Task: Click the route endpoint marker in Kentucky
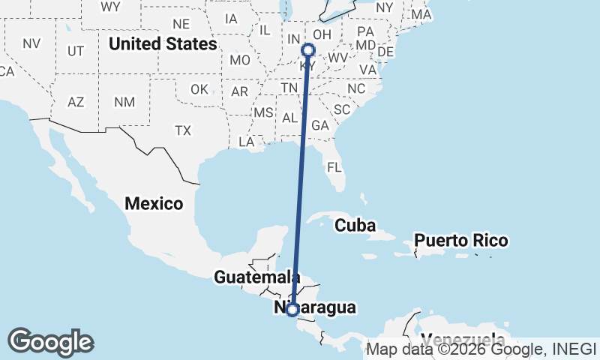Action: (308, 50)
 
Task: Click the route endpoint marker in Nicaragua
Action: (292, 308)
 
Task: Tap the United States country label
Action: (163, 44)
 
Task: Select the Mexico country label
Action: (154, 203)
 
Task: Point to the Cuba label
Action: (355, 225)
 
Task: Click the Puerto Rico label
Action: (461, 241)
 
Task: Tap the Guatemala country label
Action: (252, 277)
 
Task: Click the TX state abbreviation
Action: (183, 130)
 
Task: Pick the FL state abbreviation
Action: (334, 166)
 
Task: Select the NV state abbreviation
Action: (31, 43)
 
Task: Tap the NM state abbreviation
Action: (124, 101)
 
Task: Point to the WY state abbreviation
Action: (110, 7)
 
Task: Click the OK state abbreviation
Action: (199, 89)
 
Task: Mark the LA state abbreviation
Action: (246, 142)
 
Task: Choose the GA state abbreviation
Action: (320, 125)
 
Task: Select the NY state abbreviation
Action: (384, 7)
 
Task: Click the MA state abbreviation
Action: (421, 14)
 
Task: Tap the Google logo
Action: (50, 342)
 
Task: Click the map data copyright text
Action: (481, 349)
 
